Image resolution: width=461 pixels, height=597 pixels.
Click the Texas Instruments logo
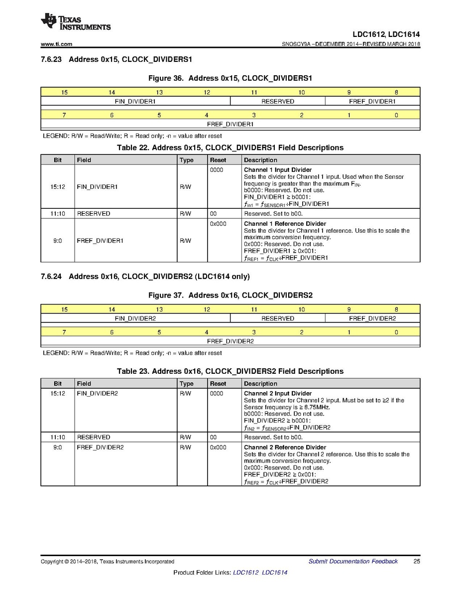point(75,22)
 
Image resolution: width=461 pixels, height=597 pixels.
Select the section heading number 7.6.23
point(51,59)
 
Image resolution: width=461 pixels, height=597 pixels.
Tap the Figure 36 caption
point(230,78)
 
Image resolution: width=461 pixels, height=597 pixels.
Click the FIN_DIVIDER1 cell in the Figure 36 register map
point(135,101)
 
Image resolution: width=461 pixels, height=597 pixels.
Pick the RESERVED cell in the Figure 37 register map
point(277,318)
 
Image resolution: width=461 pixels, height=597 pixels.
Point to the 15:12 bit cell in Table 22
point(58,187)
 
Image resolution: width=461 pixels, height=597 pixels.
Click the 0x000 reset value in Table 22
point(218,224)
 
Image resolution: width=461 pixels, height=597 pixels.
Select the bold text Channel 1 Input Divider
point(278,170)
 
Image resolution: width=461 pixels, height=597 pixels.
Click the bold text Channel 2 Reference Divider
point(285,447)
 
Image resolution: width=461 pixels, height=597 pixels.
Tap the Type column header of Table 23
point(186,384)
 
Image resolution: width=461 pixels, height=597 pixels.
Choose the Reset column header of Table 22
point(218,160)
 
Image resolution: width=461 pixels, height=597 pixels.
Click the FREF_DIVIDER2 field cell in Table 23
point(100,448)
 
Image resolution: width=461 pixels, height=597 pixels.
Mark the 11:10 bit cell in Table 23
point(58,437)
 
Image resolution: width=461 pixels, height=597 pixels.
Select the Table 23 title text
point(230,371)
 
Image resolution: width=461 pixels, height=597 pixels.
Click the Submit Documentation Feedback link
point(353,562)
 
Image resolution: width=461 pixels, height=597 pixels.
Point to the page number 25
point(417,562)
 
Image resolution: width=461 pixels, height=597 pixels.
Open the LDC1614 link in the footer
point(274,573)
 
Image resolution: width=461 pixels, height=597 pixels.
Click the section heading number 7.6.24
point(51,277)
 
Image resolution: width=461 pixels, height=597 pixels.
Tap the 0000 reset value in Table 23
point(217,394)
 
